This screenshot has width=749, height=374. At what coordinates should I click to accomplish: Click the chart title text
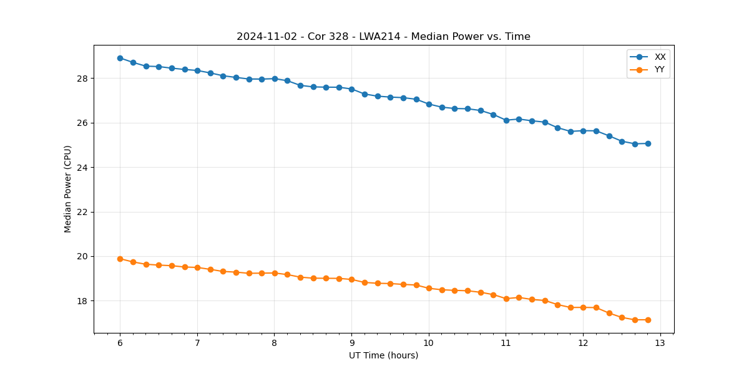click(383, 37)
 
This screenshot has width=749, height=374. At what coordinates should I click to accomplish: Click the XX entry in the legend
click(660, 57)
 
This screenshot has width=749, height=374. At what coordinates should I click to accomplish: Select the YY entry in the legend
click(660, 69)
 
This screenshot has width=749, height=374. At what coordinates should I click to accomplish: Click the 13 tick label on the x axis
click(660, 343)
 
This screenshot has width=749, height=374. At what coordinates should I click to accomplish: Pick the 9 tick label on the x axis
click(351, 343)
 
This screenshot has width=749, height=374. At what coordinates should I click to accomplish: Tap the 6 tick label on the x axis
click(120, 343)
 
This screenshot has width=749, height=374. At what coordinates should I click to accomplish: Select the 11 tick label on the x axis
click(506, 343)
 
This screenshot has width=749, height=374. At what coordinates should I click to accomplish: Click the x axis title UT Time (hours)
click(383, 355)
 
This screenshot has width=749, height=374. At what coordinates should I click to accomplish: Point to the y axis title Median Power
click(68, 189)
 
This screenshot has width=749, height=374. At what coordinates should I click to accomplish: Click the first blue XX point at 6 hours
click(120, 58)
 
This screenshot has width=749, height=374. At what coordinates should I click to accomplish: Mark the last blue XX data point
click(648, 143)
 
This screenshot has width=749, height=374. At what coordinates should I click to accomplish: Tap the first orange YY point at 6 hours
click(120, 259)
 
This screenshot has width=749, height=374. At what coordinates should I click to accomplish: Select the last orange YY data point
click(648, 320)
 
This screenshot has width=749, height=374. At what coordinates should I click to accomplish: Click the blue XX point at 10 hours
click(429, 104)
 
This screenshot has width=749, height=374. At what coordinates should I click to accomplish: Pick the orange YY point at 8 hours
click(275, 273)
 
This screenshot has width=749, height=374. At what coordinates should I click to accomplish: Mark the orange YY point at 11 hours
click(506, 299)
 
